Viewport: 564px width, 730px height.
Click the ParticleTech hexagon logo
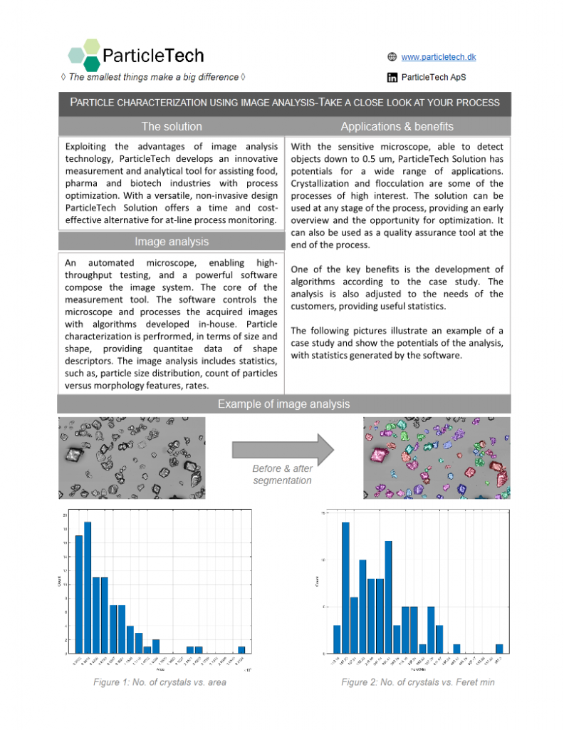point(84,54)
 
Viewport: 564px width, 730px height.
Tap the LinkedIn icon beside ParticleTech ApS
point(392,77)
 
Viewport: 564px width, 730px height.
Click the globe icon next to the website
point(392,57)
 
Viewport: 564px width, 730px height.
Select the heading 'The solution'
point(171,126)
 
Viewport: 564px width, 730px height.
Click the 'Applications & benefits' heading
point(397,126)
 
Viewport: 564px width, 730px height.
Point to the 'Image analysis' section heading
point(171,242)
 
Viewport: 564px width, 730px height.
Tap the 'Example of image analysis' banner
point(283,404)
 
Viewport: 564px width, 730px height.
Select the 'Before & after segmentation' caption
point(282,475)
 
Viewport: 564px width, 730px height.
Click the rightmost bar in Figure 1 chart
point(241,649)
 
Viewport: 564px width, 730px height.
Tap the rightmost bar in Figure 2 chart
point(499,649)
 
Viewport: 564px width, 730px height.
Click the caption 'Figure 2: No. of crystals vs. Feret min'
point(417,682)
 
